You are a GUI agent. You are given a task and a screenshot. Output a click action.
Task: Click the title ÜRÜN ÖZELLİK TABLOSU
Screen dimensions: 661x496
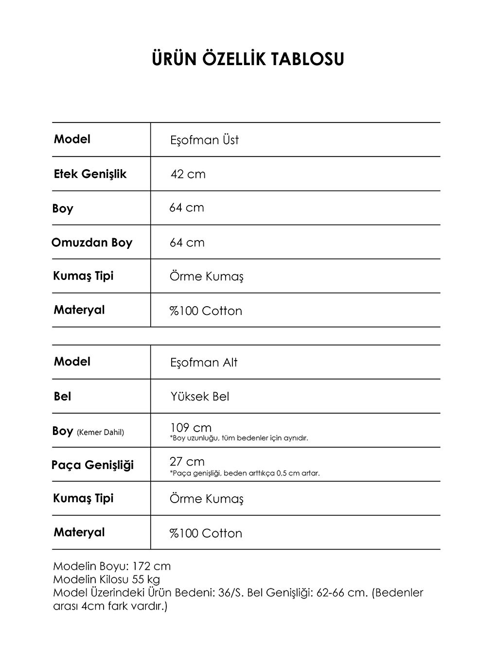(248, 59)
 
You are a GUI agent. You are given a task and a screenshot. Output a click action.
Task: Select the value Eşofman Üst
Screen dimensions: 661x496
(204, 140)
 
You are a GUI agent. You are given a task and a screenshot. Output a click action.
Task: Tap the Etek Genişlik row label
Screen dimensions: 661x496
(90, 174)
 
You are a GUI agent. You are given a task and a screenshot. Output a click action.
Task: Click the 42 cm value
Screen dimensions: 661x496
(188, 174)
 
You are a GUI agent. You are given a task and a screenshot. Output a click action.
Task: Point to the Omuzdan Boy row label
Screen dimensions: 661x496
(92, 243)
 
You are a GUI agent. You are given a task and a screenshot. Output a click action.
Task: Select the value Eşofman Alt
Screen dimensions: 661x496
(204, 363)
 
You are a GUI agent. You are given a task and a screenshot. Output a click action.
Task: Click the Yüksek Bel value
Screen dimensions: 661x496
(200, 397)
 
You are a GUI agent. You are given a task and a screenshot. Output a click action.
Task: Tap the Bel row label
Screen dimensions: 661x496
(62, 397)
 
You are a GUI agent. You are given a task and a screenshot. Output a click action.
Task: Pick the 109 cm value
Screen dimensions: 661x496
(191, 428)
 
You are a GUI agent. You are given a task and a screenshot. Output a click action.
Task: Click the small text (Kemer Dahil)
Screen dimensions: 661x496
(100, 433)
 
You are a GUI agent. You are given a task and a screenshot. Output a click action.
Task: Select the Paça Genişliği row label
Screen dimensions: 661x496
(92, 465)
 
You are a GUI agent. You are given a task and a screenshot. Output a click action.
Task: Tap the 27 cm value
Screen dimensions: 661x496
(187, 461)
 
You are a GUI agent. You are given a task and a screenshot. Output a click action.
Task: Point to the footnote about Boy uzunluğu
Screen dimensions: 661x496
(239, 438)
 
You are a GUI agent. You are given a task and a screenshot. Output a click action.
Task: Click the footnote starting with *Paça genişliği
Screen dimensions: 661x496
(245, 473)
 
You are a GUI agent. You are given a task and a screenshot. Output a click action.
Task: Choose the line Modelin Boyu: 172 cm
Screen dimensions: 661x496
(112, 566)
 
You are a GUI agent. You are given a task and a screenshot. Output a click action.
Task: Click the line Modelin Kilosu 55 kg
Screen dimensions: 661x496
(106, 579)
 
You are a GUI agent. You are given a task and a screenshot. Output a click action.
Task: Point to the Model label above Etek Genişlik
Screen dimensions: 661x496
(72, 139)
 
